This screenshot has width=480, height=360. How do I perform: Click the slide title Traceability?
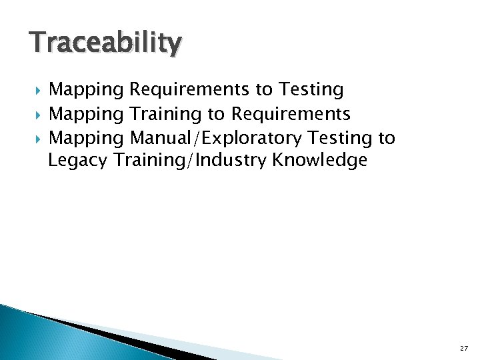pyautogui.click(x=105, y=44)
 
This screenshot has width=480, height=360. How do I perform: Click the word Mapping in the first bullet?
pyautogui.click(x=87, y=90)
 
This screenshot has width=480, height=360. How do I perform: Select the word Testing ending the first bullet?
pyautogui.click(x=311, y=90)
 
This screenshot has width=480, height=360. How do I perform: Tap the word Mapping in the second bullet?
pyautogui.click(x=87, y=115)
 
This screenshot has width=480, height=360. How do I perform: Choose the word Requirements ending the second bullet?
pyautogui.click(x=291, y=115)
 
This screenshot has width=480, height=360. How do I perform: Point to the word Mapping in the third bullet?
pyautogui.click(x=87, y=139)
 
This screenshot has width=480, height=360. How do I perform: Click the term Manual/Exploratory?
pyautogui.click(x=216, y=139)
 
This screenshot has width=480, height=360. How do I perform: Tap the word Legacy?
pyautogui.click(x=78, y=161)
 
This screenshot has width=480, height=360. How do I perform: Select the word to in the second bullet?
pyautogui.click(x=217, y=115)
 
